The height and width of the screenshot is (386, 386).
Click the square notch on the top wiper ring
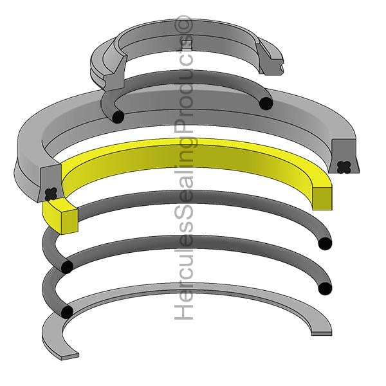point(187,44)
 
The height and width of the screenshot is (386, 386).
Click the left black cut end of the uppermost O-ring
point(118,116)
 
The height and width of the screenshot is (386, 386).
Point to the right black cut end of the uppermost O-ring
point(266,104)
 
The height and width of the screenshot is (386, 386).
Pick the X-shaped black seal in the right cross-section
point(344,167)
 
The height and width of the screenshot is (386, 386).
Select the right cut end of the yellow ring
point(322,198)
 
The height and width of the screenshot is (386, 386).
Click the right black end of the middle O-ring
point(325,243)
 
